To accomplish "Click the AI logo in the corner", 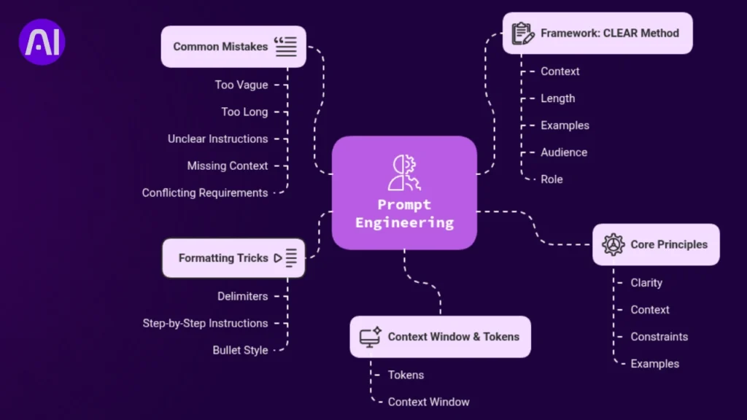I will [x=42, y=42].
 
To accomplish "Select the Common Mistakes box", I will [x=233, y=47].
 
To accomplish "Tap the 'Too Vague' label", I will [x=241, y=85].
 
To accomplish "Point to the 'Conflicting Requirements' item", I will [x=205, y=193].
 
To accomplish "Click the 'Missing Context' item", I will [x=228, y=166].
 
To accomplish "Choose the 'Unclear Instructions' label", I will [x=217, y=139].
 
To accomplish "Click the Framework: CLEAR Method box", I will [x=597, y=34].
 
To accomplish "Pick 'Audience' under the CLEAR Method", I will [x=563, y=152].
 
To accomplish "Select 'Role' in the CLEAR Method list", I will [x=551, y=179].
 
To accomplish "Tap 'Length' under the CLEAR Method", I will [x=557, y=98].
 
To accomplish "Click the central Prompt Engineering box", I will [x=404, y=192].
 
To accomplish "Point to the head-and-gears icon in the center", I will [x=403, y=172].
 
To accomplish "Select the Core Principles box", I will [x=655, y=244].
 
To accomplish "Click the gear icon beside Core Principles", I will [x=614, y=244].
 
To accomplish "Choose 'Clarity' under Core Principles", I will [x=646, y=283].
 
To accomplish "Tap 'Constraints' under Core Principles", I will [x=659, y=337].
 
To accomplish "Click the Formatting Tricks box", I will [x=233, y=258].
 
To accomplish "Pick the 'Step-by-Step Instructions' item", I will [x=205, y=324].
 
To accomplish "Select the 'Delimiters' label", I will [x=242, y=297].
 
